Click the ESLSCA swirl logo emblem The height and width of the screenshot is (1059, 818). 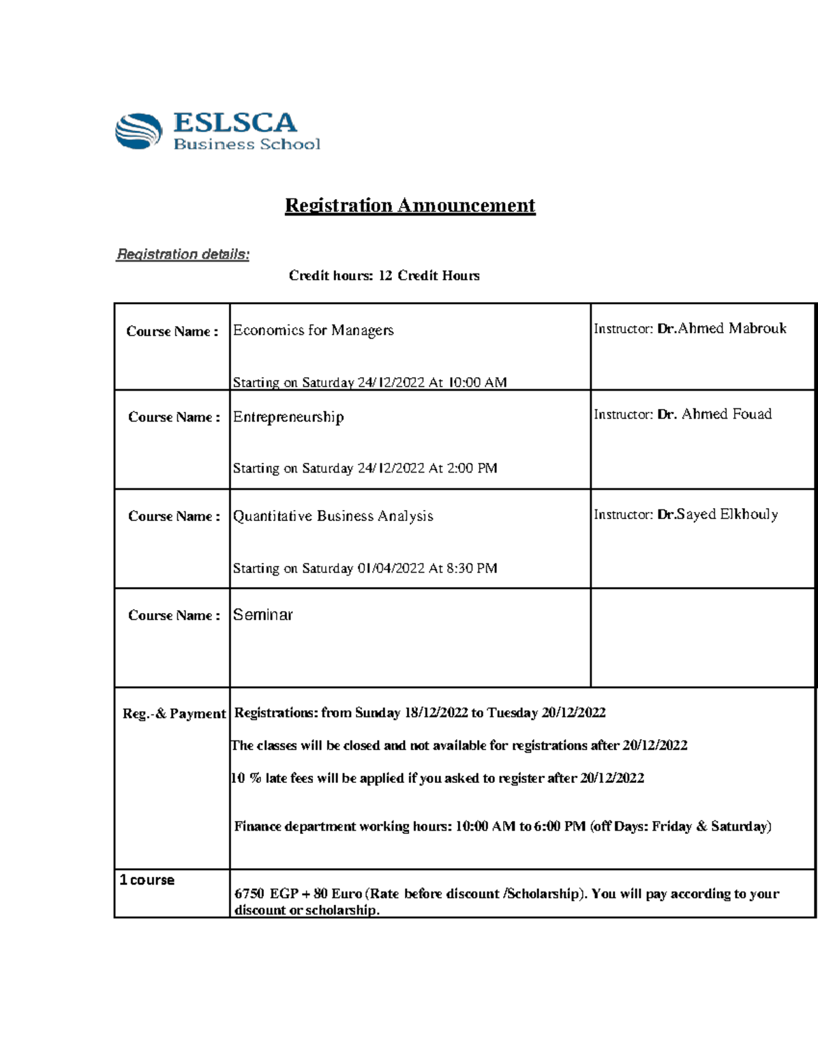pyautogui.click(x=138, y=131)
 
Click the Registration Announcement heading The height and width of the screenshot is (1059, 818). pyautogui.click(x=410, y=205)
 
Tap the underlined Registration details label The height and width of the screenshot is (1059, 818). pyautogui.click(x=183, y=254)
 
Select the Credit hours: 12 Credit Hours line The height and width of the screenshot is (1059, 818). pyautogui.click(x=384, y=275)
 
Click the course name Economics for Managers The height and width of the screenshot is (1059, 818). pyautogui.click(x=314, y=331)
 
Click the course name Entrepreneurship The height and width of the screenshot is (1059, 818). pyautogui.click(x=288, y=417)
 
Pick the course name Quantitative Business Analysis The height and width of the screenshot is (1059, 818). pyautogui.click(x=333, y=516)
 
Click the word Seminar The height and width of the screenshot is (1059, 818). pyautogui.click(x=262, y=615)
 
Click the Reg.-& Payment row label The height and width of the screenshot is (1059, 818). pyautogui.click(x=174, y=714)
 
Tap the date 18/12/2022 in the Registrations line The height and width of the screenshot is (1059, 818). pyautogui.click(x=436, y=713)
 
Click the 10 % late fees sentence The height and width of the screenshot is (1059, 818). pyautogui.click(x=438, y=778)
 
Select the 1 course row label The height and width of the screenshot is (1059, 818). pyautogui.click(x=147, y=880)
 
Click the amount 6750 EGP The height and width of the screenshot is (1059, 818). pyautogui.click(x=267, y=894)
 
